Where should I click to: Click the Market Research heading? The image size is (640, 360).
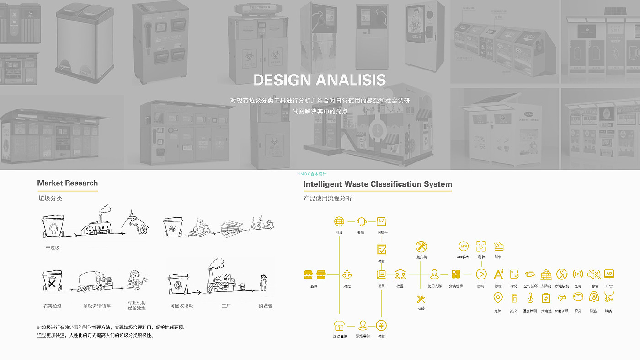tap(67, 183)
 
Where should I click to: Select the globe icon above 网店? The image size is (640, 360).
tap(339, 222)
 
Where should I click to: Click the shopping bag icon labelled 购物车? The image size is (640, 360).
tap(381, 222)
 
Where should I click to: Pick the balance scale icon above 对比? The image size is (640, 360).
tap(347, 274)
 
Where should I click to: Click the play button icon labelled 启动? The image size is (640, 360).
tap(481, 274)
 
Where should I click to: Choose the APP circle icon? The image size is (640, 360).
tap(464, 246)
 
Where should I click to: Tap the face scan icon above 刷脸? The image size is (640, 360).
tap(481, 246)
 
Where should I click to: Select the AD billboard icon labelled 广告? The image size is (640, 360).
tap(608, 274)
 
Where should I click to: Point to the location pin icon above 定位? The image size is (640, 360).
tap(498, 298)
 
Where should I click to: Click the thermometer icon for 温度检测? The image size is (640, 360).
tap(530, 298)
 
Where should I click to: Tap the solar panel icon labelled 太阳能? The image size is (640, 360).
tap(546, 274)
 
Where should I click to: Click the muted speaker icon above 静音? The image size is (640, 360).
tap(593, 274)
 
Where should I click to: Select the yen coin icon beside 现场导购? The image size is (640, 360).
tap(381, 326)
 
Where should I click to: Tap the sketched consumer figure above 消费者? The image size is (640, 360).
tap(263, 282)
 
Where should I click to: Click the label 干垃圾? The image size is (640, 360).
tap(53, 248)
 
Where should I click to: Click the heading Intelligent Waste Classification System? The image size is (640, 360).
tap(378, 184)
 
